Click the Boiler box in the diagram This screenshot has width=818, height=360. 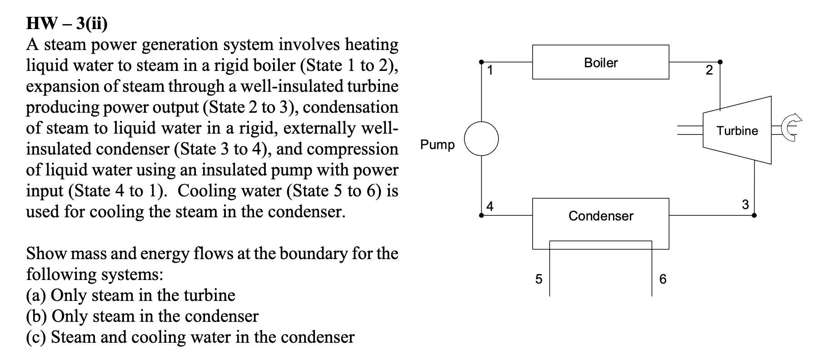(600, 62)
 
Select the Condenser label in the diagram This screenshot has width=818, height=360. (600, 216)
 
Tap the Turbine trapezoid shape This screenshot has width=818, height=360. (737, 130)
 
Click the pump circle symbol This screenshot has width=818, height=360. (481, 138)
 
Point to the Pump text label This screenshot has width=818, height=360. (437, 145)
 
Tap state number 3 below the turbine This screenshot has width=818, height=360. (745, 205)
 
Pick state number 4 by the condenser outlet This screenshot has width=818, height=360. (489, 205)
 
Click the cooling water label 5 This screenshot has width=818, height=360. (539, 279)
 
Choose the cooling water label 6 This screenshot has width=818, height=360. (663, 279)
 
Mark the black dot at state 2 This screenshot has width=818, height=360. (719, 62)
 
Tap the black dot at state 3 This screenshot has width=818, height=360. (754, 215)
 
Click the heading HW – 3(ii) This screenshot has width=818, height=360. (67, 24)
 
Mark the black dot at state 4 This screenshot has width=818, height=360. (482, 215)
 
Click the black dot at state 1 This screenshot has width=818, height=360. (482, 62)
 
